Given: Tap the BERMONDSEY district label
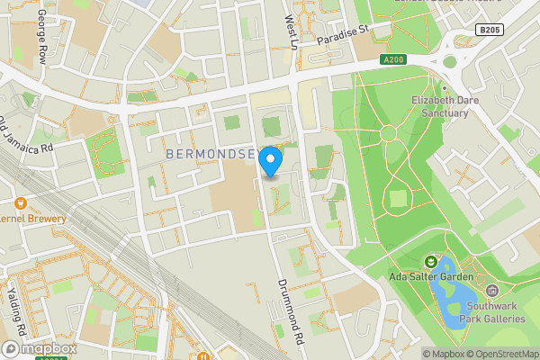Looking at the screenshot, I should pos(214,155).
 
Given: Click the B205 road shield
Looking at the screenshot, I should pos(490,30).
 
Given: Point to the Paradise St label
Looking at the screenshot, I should pos(344,35).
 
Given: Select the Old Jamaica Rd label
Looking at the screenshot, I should pos(28,136).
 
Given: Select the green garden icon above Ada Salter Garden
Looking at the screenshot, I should pos(430,261).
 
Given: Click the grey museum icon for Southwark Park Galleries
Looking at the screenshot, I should pos(492,291).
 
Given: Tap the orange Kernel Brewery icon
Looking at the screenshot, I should pos(21,202).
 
